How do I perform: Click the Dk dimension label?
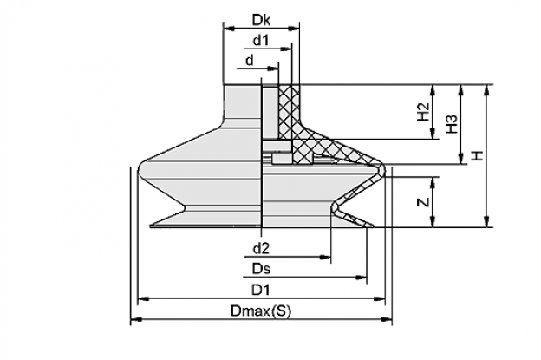261,20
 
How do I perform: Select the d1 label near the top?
261,41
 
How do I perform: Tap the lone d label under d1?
249,61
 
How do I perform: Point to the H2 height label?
423,112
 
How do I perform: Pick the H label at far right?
477,156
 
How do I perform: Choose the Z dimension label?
423,202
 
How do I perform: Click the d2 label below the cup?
261,248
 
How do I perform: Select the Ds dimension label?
262,269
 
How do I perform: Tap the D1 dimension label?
260,290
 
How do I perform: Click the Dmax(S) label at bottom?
261,311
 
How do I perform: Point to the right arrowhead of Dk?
294,29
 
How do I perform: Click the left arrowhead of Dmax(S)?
136,319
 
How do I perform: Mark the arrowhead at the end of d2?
326,257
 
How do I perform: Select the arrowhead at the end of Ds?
362,278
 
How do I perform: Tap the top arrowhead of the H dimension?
486,89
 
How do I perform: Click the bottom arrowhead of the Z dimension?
433,222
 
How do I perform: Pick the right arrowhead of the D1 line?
379,298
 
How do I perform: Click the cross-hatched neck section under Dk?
289,110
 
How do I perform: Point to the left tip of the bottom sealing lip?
150,226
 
